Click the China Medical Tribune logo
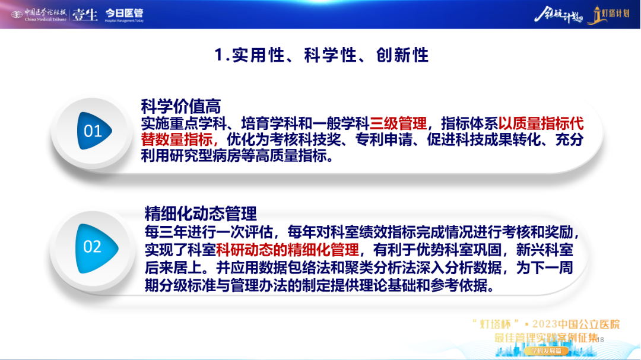(39, 15)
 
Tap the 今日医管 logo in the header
(124, 15)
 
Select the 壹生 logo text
(85, 15)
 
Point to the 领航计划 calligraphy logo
(558, 15)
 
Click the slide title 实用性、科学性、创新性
(321, 55)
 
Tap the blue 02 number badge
(97, 248)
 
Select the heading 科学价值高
(180, 107)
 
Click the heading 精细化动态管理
(201, 214)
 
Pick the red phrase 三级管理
(398, 123)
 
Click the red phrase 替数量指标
(177, 139)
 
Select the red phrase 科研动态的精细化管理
(287, 250)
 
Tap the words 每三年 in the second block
(166, 232)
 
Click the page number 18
(600, 340)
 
